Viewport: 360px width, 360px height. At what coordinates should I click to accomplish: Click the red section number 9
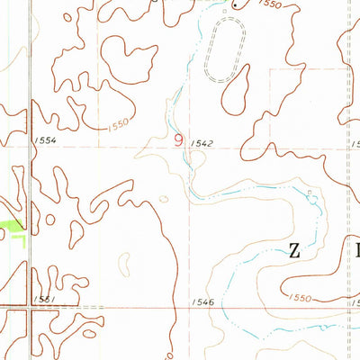(177, 139)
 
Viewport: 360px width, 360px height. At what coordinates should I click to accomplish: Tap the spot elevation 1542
(205, 142)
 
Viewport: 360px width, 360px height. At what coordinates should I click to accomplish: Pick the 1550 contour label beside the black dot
(268, 5)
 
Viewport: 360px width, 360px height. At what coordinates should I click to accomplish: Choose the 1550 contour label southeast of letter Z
(301, 296)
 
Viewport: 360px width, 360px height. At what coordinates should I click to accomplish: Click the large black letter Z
(294, 251)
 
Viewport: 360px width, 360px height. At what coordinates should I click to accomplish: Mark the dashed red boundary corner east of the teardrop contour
(271, 70)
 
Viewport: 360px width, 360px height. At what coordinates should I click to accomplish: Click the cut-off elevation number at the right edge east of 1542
(355, 143)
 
